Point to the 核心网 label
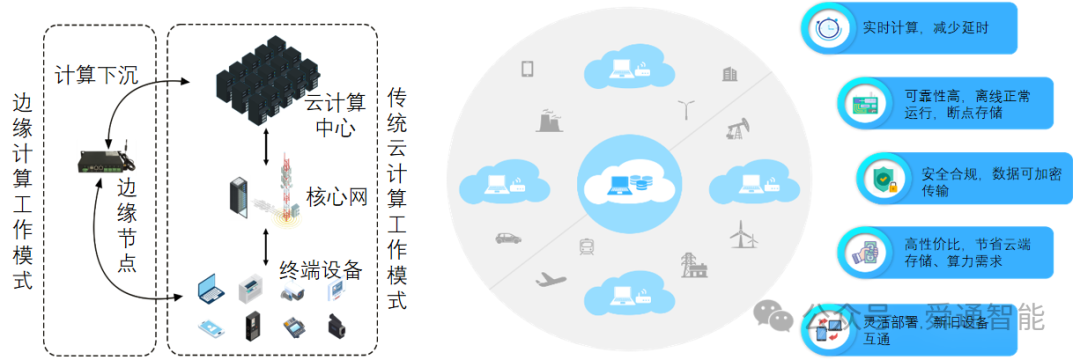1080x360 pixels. (x=336, y=195)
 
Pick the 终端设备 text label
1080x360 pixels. (x=320, y=270)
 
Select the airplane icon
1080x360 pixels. (x=551, y=279)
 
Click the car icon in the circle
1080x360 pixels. (x=508, y=238)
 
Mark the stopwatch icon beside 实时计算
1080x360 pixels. (x=827, y=29)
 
